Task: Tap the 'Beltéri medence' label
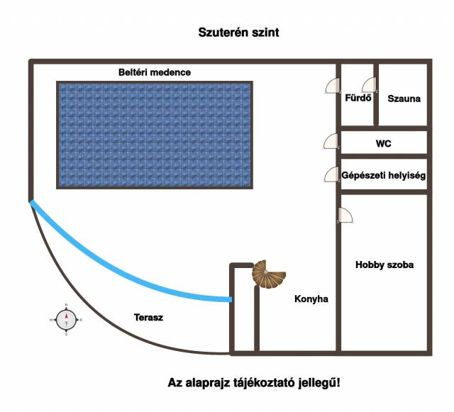pos(154,72)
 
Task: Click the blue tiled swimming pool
pos(154,135)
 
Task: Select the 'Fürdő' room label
pos(358,99)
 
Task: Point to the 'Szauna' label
pos(404,99)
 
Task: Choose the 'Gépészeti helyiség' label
pos(384,174)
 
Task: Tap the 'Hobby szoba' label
pos(384,265)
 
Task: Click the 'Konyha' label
pos(311,299)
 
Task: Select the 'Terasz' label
pos(148,318)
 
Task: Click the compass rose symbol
pos(66,320)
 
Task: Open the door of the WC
pos(331,141)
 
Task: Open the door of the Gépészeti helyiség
pos(331,174)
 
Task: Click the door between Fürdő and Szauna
pos(369,86)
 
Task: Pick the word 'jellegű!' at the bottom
pos(319,383)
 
